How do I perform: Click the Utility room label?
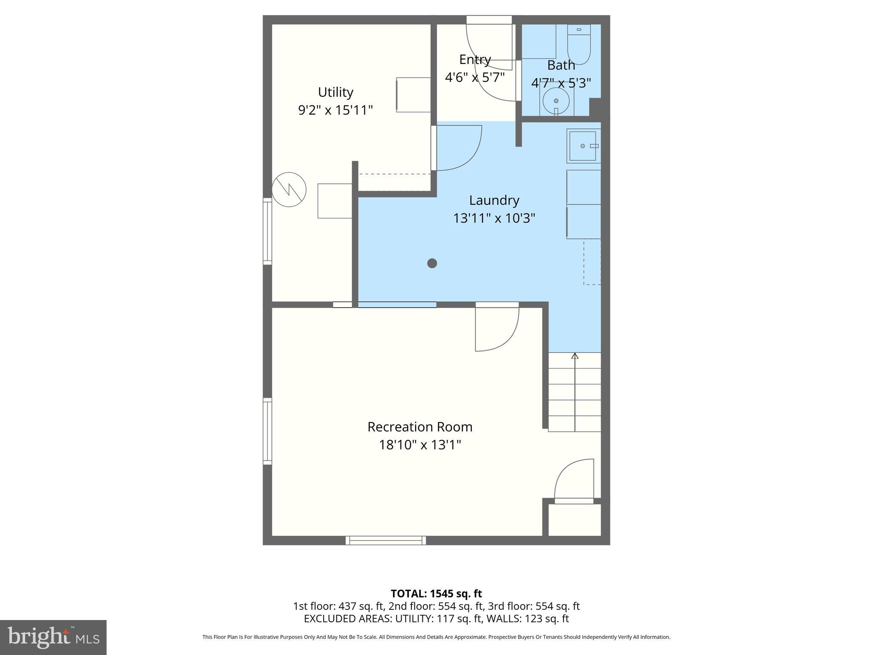point(335,92)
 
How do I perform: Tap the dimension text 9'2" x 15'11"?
point(335,110)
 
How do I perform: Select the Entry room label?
point(475,59)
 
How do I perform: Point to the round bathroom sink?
point(556,101)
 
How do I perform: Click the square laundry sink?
point(583,146)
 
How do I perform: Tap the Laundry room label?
point(494,200)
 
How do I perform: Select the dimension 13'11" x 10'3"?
point(494,218)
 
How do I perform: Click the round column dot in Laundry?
point(432,263)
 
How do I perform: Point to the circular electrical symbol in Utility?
point(289,190)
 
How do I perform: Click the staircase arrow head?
point(575,356)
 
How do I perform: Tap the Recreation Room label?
point(420,427)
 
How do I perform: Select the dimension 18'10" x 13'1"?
point(420,445)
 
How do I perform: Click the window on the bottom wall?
point(386,540)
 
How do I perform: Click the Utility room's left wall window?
point(267,231)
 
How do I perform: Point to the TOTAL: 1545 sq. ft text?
point(436,594)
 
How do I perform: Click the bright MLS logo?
point(53,638)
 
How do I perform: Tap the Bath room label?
point(561,65)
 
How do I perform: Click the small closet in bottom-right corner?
point(574,520)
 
